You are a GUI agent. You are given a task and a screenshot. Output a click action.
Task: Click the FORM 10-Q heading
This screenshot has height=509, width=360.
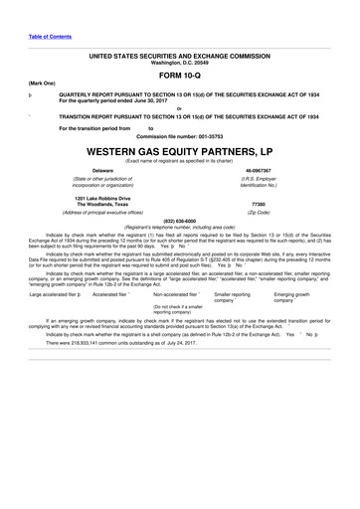[x=180, y=74]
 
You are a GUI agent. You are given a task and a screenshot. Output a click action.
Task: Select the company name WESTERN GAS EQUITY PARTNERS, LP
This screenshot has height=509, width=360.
[x=180, y=153]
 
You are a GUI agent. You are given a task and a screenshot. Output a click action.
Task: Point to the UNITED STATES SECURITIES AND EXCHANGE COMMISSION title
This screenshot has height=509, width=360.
[x=180, y=57]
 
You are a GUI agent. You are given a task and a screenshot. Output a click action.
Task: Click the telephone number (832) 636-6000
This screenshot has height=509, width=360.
[x=180, y=220]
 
